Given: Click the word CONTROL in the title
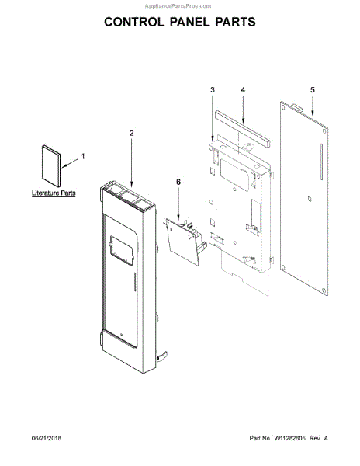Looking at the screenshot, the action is pos(134,22).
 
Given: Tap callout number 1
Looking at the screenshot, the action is pos(83,156).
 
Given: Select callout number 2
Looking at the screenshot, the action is pos(131,133).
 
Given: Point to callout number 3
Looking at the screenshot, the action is pos(213,90).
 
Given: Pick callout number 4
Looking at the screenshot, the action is pos(243,90).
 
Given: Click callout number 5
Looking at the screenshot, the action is pos(313,90).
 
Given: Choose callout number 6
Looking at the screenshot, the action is pos(178,182).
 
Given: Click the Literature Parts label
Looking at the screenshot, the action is pos(54,193).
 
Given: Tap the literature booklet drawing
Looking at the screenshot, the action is pos(51,166).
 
